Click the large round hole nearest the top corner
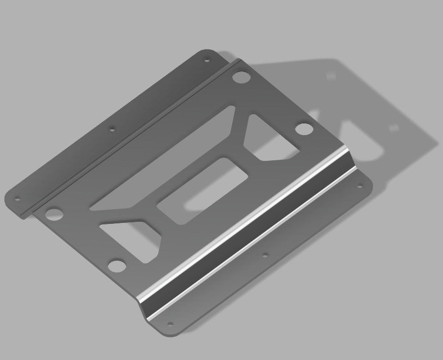(241, 77)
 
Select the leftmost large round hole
(53, 214)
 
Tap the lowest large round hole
(117, 266)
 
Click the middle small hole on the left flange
(111, 128)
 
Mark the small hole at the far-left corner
(17, 199)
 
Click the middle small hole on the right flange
(265, 255)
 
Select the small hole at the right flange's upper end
(360, 184)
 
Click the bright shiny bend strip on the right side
(247, 232)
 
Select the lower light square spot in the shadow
(393, 128)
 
